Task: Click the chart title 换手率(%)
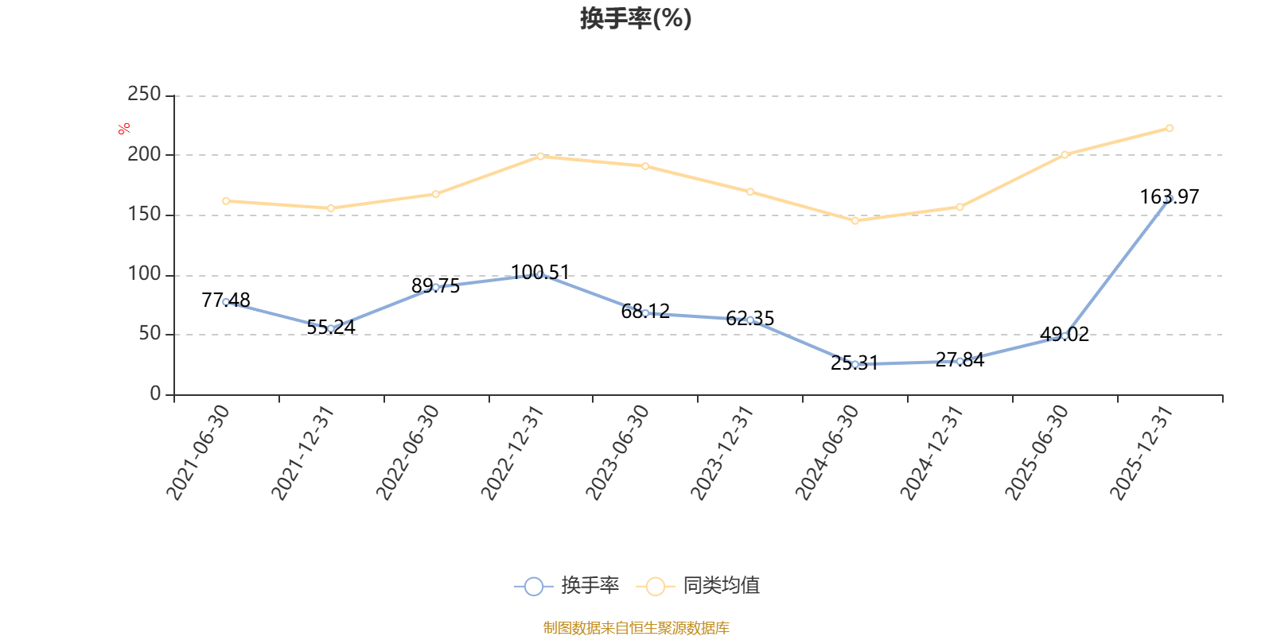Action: tap(636, 18)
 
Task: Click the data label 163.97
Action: tap(1169, 196)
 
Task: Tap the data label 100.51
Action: tap(540, 273)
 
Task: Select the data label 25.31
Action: tap(855, 363)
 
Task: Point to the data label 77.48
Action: tap(226, 300)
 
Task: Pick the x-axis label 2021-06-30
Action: tap(198, 452)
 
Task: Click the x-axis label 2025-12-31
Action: tap(1142, 452)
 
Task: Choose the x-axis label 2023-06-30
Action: tap(617, 452)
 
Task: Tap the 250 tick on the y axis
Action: tap(144, 95)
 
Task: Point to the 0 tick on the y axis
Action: tap(155, 394)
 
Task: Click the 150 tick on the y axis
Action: tap(144, 215)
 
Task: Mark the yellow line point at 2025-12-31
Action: tap(1169, 128)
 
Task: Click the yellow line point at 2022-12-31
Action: tap(540, 156)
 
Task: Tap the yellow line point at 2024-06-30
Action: tap(855, 221)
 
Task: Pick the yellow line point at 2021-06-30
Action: tap(226, 201)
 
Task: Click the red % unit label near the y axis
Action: tap(123, 129)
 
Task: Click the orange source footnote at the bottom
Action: tap(636, 628)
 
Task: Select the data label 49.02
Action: tap(1065, 335)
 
